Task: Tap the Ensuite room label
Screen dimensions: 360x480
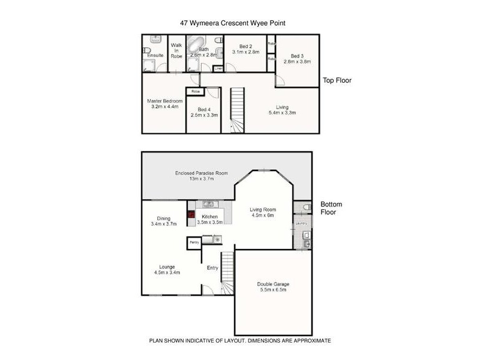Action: coord(155,56)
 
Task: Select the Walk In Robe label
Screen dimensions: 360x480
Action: coord(176,50)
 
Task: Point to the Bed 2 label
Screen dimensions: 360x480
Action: coord(245,46)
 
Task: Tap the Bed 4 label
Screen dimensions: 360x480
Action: coord(204,109)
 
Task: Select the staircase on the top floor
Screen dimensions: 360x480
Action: coord(238,111)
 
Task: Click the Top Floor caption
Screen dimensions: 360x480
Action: coord(337,80)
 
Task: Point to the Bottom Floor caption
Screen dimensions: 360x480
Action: coord(331,208)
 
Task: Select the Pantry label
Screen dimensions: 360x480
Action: coord(194,242)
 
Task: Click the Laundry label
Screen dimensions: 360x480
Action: coord(302,223)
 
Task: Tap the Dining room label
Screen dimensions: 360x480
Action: coord(164,218)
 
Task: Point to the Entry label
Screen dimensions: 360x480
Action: coord(212,268)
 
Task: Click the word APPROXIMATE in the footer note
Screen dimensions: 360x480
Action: coord(310,341)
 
